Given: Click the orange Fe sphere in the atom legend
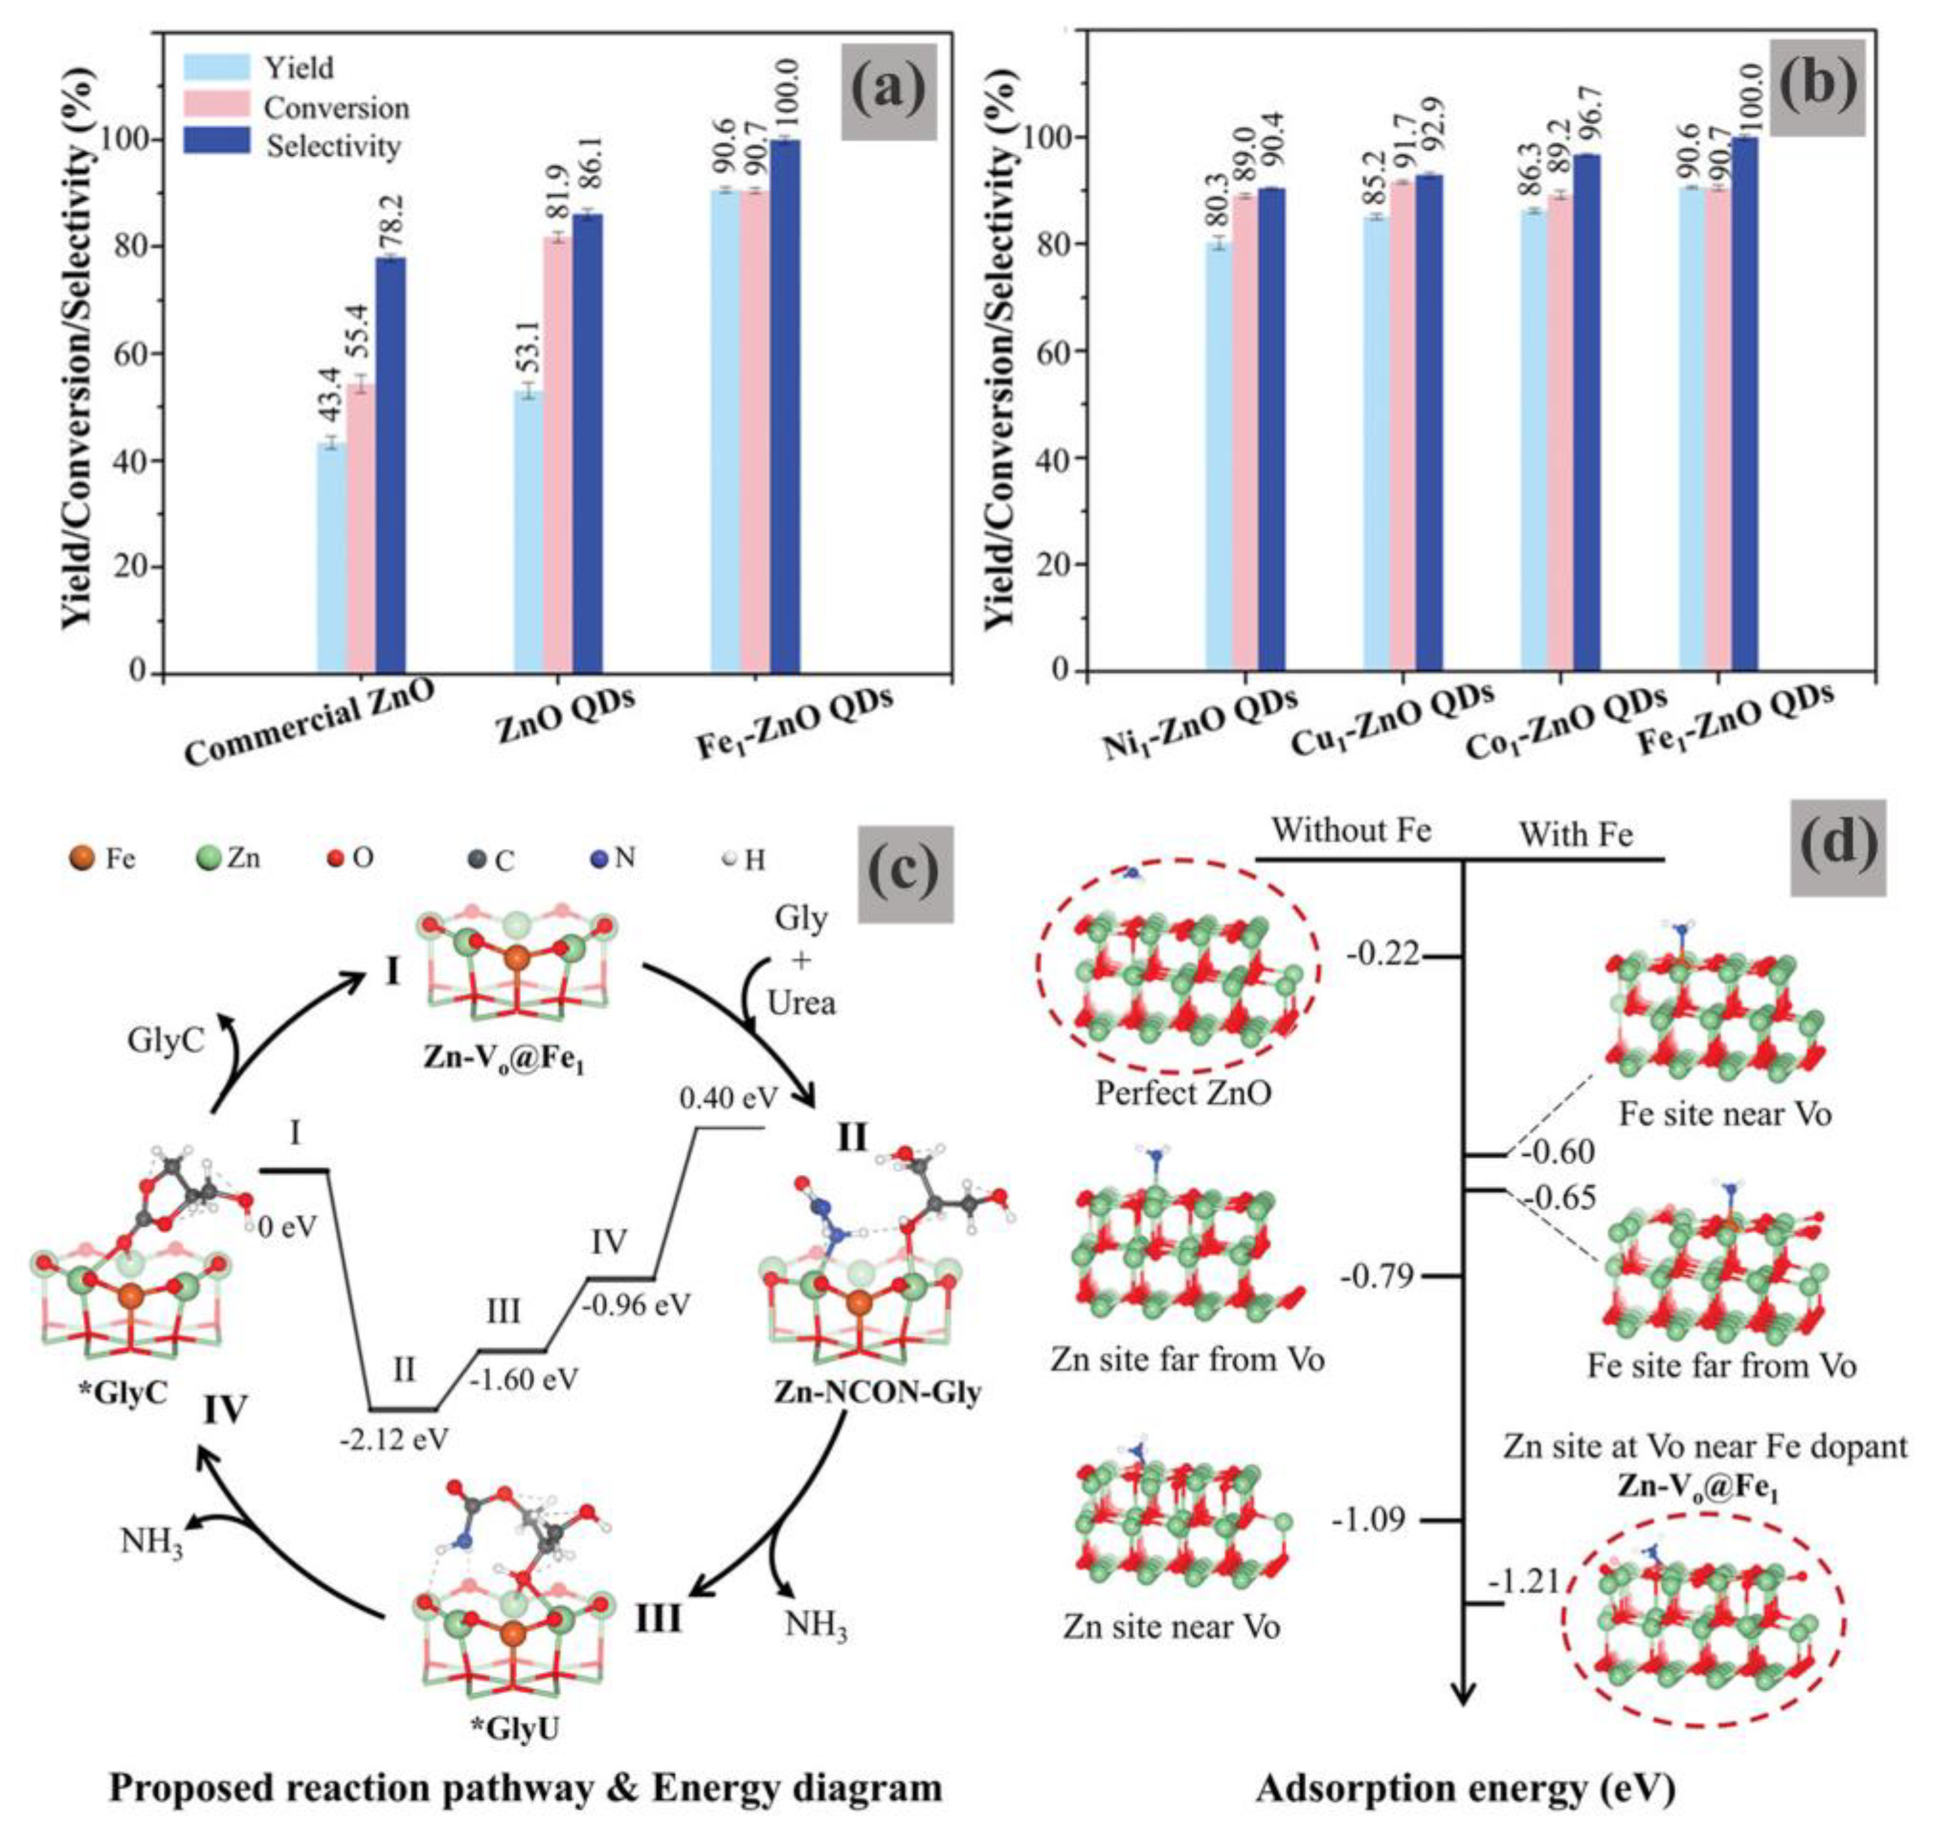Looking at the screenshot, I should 83,859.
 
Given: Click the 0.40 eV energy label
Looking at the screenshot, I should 728,1098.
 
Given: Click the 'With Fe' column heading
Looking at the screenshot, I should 1575,835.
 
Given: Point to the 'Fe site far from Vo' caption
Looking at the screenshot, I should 1721,1365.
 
